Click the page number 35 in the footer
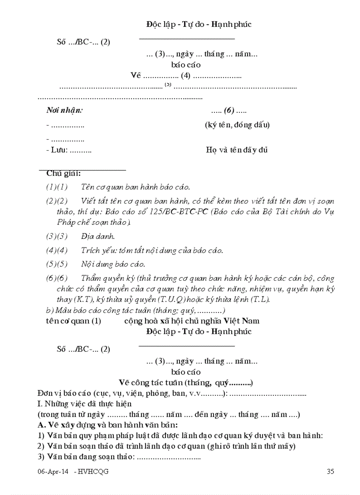click(x=330, y=471)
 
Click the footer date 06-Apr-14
click(x=53, y=471)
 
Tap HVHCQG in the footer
click(x=94, y=471)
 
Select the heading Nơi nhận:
click(x=64, y=110)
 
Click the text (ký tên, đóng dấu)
click(x=237, y=125)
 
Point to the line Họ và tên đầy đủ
click(x=237, y=150)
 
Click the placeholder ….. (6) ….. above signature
click(x=229, y=110)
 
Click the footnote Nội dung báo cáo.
click(x=113, y=264)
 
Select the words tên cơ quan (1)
click(x=73, y=320)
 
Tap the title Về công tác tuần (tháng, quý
click(x=185, y=382)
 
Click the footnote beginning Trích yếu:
click(x=152, y=250)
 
